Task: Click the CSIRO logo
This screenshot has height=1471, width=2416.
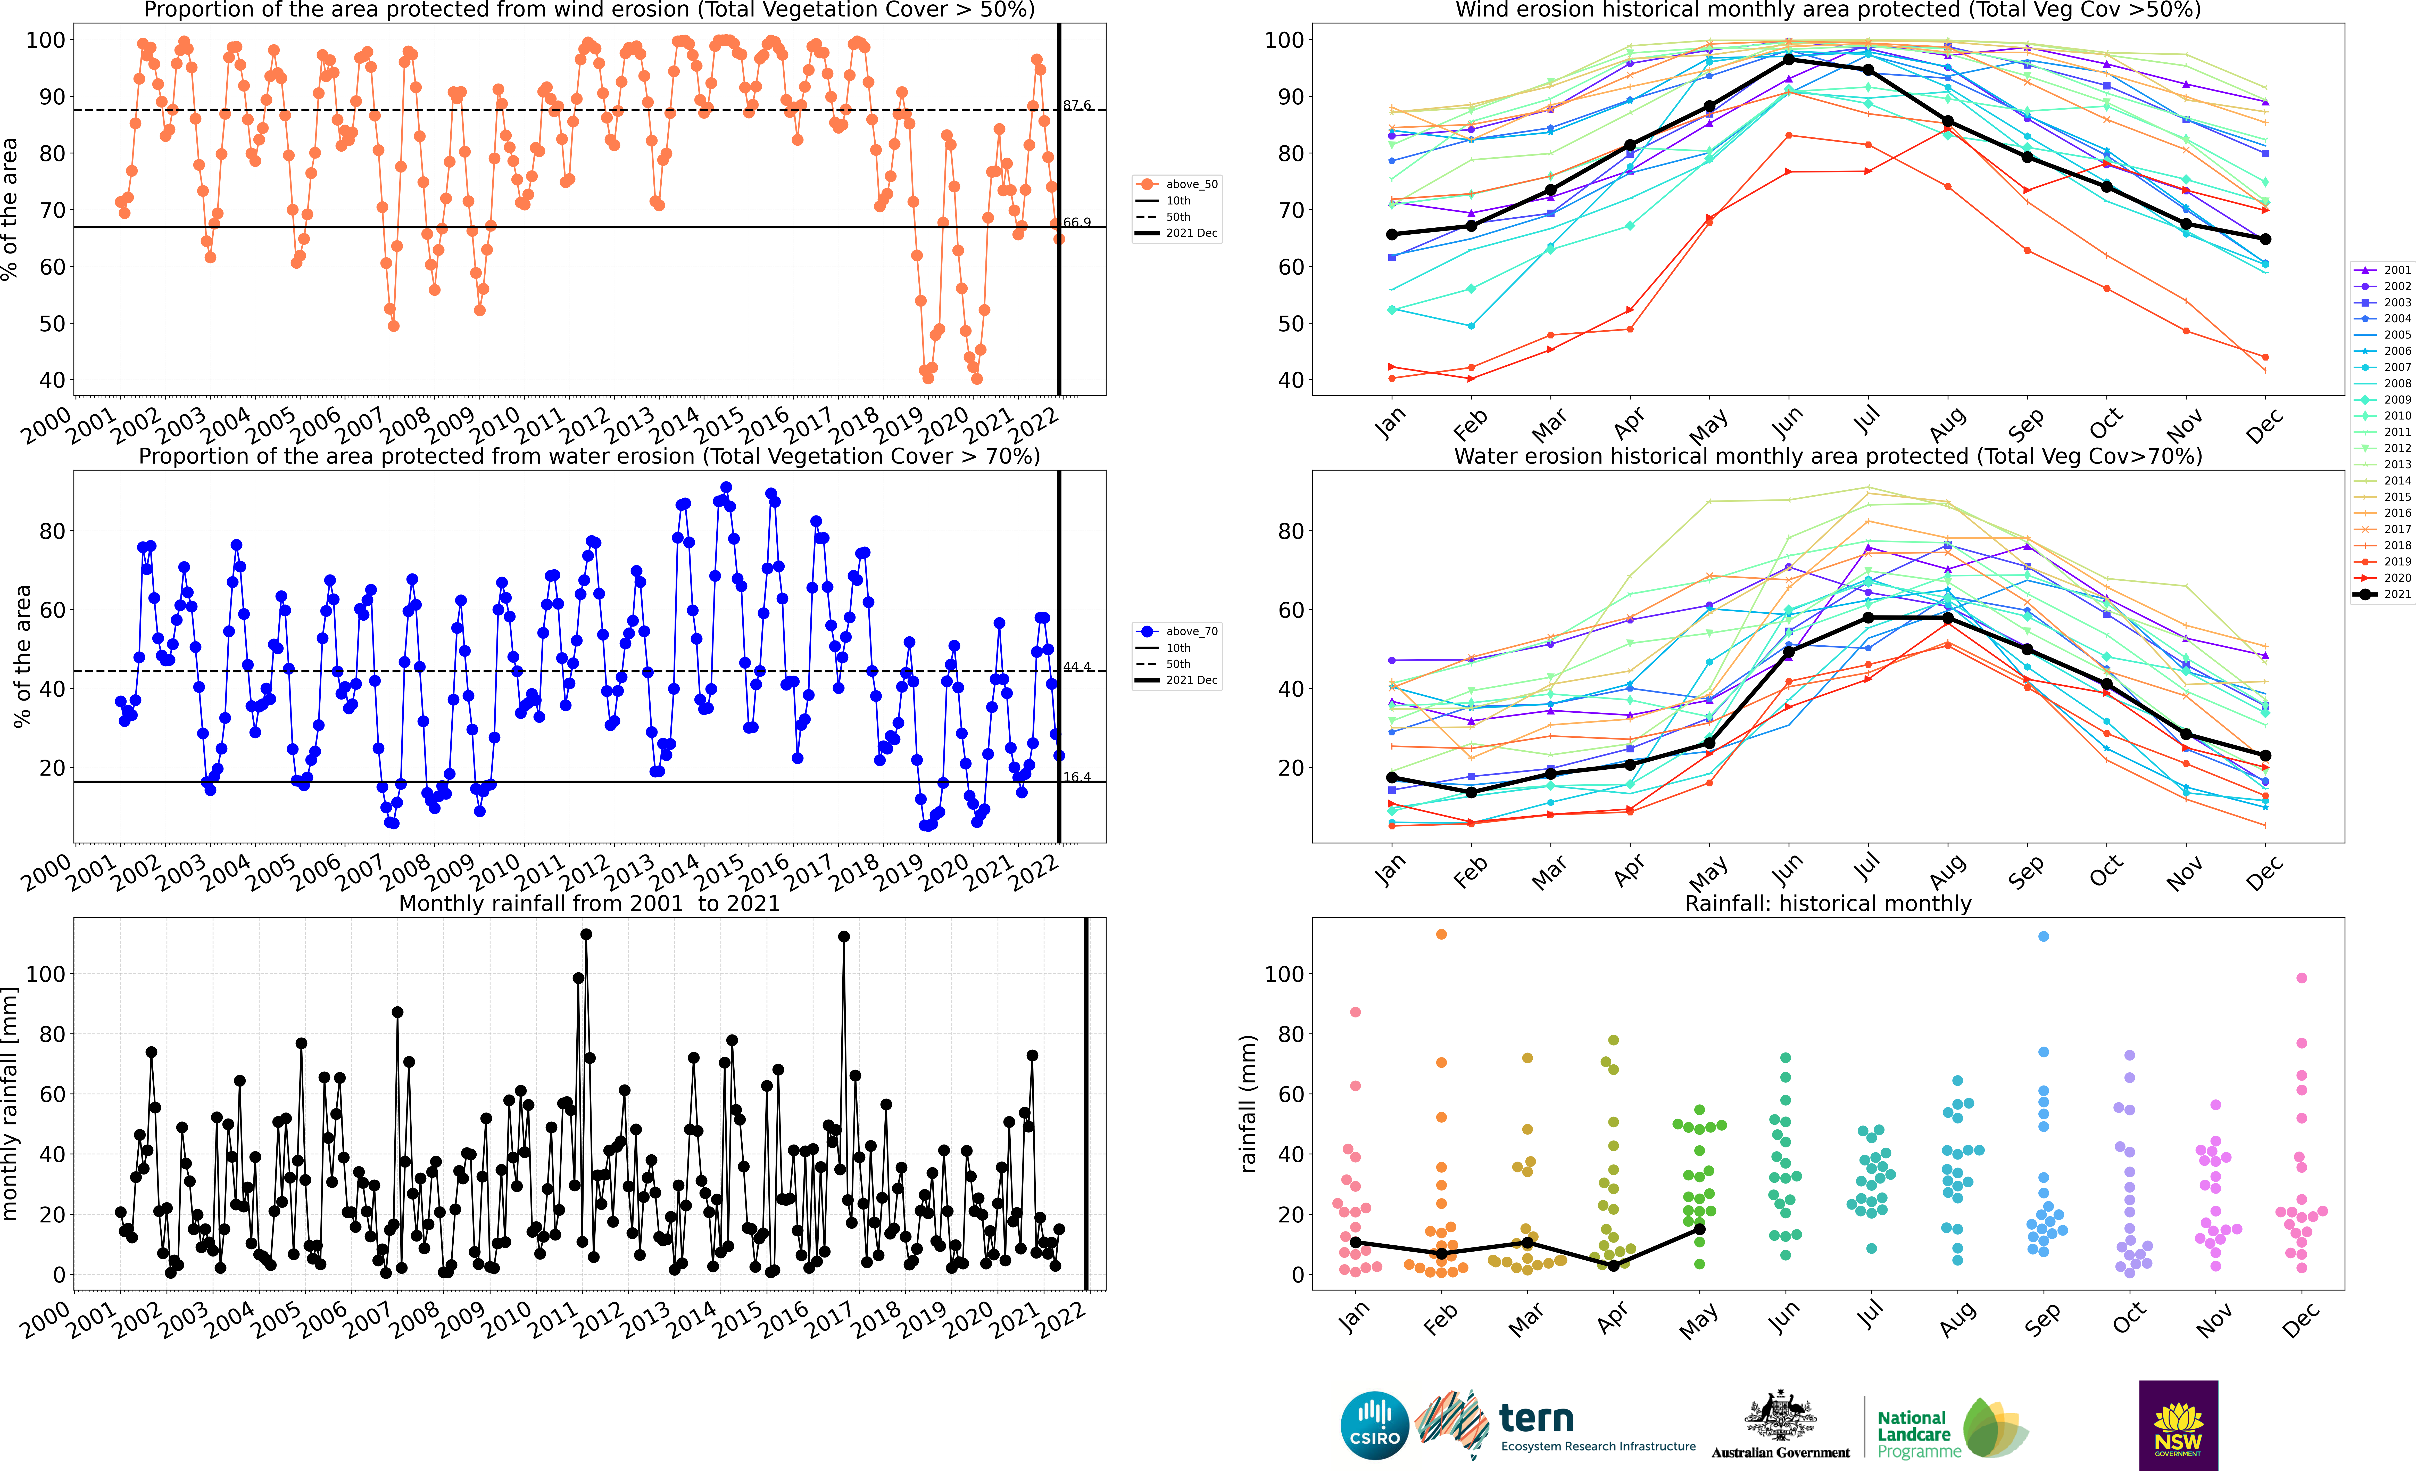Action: (x=1375, y=1425)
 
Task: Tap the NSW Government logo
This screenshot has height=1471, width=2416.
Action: (x=2178, y=1425)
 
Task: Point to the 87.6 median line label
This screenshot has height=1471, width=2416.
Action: (x=1077, y=105)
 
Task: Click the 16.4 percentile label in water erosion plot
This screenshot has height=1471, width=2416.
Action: (x=1077, y=777)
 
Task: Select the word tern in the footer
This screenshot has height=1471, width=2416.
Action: (x=1537, y=1418)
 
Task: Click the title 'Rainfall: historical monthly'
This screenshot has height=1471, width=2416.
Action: (x=1828, y=903)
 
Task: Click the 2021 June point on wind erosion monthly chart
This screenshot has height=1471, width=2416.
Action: (x=1788, y=59)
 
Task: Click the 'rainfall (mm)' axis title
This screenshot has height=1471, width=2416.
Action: (x=1248, y=1103)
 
